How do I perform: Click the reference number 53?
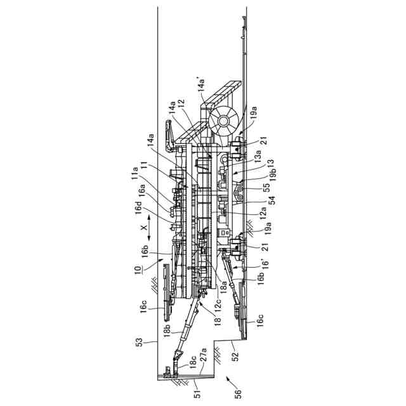[139, 343]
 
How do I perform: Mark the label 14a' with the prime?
[202, 86]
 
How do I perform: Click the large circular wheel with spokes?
[225, 120]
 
